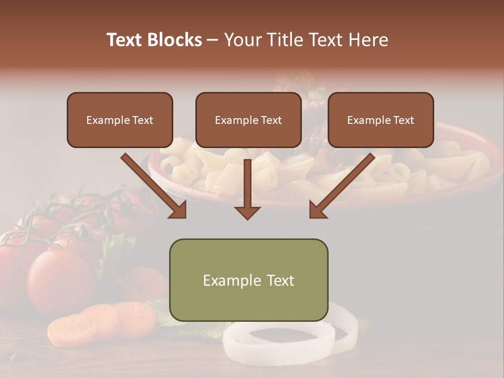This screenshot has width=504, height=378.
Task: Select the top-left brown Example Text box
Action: (x=120, y=120)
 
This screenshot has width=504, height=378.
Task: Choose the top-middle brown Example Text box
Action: (x=248, y=120)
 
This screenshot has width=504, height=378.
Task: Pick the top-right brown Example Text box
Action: (x=381, y=120)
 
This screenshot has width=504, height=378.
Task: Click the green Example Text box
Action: (x=248, y=280)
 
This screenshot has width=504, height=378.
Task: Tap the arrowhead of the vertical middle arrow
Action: (x=247, y=212)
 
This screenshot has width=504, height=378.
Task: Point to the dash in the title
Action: (x=213, y=40)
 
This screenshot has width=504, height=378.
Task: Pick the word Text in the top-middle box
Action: (x=271, y=120)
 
